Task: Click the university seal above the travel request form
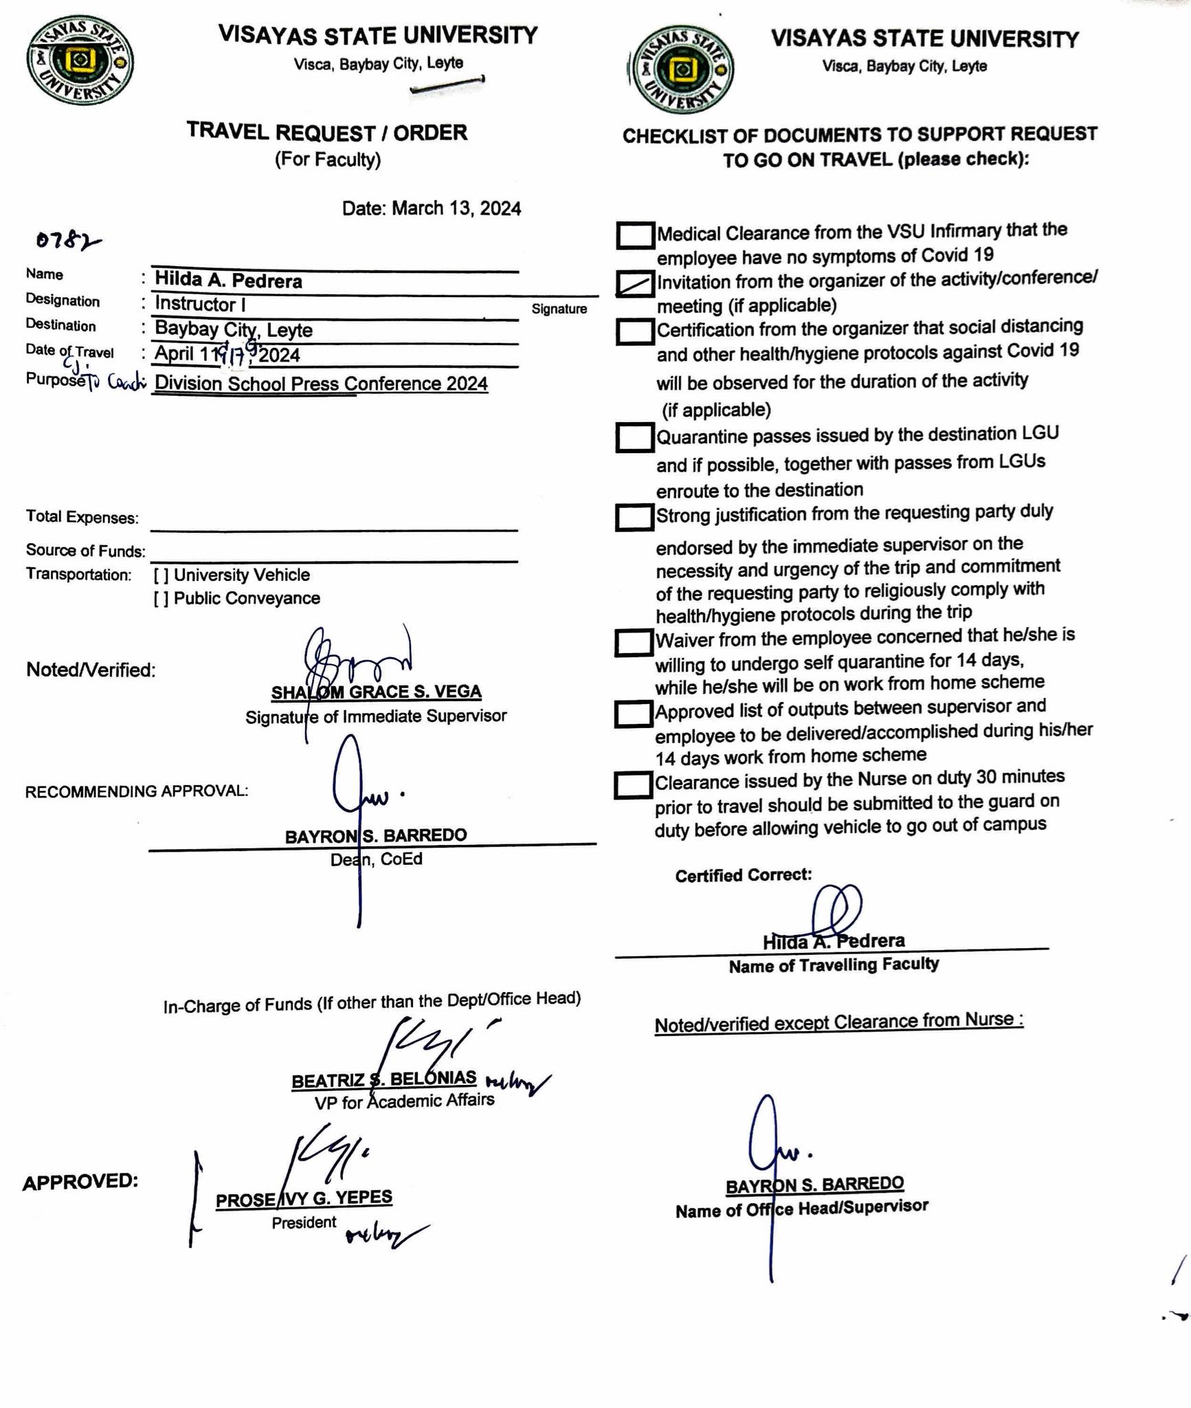click(80, 60)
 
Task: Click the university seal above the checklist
click(682, 69)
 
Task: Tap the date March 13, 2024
click(431, 208)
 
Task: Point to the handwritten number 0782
click(67, 240)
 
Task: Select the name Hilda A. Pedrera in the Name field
click(228, 280)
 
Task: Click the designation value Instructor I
click(200, 304)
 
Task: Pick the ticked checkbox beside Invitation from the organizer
click(634, 283)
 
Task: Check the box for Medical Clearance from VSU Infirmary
click(634, 235)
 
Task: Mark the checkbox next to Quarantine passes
click(634, 437)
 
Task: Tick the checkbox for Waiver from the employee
click(633, 642)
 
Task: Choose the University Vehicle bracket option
click(161, 575)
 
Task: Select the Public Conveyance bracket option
click(161, 599)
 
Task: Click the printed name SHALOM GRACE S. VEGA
click(376, 692)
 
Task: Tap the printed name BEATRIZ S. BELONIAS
click(383, 1079)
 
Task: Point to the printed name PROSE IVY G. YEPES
click(304, 1198)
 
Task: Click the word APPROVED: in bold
click(80, 1182)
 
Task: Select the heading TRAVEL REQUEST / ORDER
click(327, 132)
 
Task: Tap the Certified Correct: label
click(743, 875)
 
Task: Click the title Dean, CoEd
click(376, 859)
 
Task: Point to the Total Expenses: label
click(82, 518)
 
